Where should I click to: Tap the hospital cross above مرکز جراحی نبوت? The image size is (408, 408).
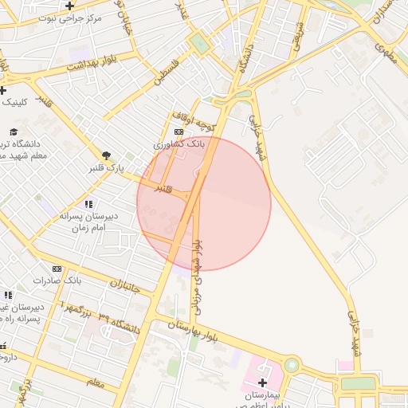(70, 6)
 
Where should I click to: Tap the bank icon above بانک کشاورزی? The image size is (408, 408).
(178, 132)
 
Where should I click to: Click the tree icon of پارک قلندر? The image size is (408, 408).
(106, 155)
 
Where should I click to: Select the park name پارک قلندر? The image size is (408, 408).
(106, 168)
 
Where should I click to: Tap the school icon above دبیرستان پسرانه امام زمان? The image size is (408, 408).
(89, 205)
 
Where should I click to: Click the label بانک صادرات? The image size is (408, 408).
(57, 281)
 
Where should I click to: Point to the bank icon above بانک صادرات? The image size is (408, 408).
(57, 269)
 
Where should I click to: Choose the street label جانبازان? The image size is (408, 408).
(124, 287)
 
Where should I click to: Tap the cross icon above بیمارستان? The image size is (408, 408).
(262, 382)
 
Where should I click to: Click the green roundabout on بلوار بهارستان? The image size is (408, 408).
(292, 366)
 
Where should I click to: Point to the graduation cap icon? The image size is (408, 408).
(14, 131)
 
